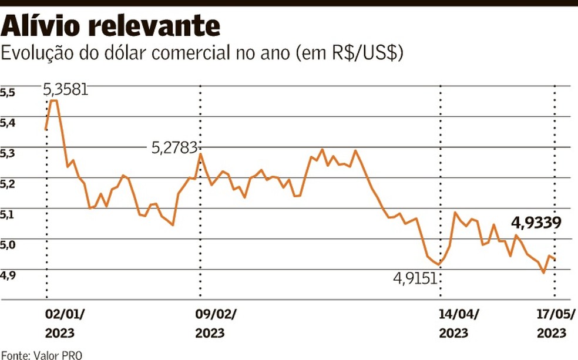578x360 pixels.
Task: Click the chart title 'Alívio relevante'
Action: [x=112, y=25]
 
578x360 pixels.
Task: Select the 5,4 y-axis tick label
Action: [x=8, y=123]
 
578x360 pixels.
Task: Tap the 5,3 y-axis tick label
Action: [x=8, y=154]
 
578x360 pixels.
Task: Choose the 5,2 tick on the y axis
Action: [x=8, y=184]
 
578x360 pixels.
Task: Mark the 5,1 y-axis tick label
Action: [x=8, y=215]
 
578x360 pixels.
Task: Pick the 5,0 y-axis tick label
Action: [x=8, y=245]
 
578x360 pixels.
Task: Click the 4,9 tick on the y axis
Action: [x=8, y=275]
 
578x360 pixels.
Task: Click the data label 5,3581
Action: [x=66, y=89]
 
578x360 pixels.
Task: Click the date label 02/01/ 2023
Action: [x=65, y=323]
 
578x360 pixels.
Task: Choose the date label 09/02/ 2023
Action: [x=216, y=323]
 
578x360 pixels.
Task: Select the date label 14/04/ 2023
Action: [x=459, y=323]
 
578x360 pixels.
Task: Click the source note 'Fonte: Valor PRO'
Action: [x=42, y=355]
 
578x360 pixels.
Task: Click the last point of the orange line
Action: [x=555, y=260]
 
